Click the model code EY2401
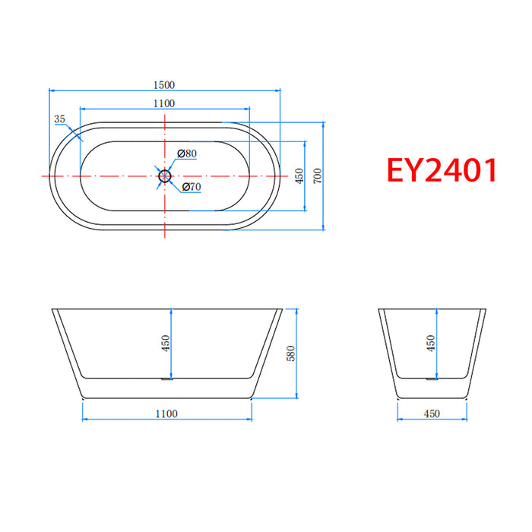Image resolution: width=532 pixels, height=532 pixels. tap(442, 170)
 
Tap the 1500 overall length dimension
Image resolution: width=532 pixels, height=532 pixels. tap(163, 84)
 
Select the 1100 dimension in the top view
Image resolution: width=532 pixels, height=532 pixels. tap(163, 103)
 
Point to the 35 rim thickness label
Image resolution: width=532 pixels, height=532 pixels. tap(60, 119)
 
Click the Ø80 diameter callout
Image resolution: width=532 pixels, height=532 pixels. tap(187, 154)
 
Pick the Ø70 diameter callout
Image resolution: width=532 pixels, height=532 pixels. tap(191, 187)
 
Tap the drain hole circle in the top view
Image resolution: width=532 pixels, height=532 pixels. tap(164, 176)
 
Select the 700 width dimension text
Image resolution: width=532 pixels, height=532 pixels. tap(318, 176)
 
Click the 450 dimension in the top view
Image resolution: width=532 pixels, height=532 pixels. tap(299, 176)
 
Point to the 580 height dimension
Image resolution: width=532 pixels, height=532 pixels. tap(290, 353)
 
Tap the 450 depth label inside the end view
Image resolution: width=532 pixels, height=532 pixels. tap(431, 344)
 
